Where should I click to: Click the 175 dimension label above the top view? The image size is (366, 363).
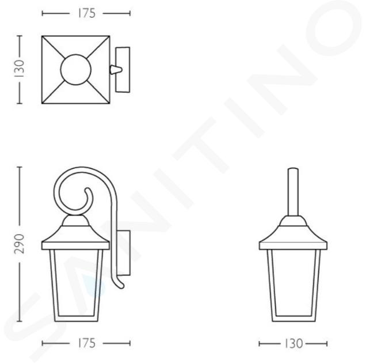[86, 13]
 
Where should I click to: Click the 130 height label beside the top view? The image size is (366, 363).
[19, 69]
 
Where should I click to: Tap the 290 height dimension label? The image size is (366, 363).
[19, 244]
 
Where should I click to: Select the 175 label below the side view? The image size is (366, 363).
[86, 343]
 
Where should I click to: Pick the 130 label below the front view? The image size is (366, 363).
[293, 343]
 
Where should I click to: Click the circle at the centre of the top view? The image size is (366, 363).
[76, 70]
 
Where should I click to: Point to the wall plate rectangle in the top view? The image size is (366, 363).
[123, 70]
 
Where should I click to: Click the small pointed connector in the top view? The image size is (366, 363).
[116, 70]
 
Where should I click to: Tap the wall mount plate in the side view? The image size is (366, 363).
[123, 253]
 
